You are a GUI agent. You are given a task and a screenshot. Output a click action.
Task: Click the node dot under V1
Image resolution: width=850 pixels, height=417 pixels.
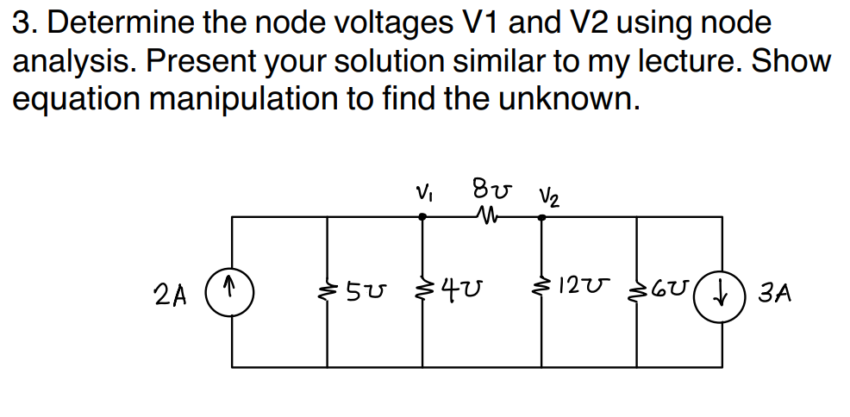coord(422,218)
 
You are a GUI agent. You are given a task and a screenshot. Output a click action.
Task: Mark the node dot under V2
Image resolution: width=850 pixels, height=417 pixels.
coord(542,218)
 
